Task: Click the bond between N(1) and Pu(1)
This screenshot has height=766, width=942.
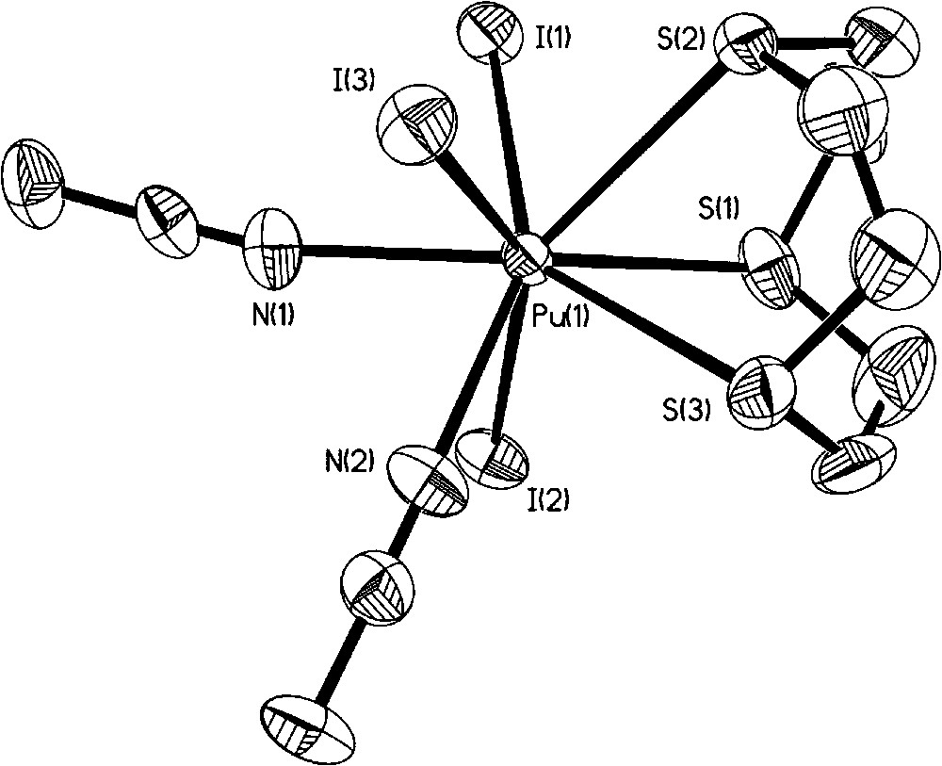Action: click(x=405, y=253)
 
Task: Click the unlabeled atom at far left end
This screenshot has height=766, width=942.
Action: click(x=36, y=183)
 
